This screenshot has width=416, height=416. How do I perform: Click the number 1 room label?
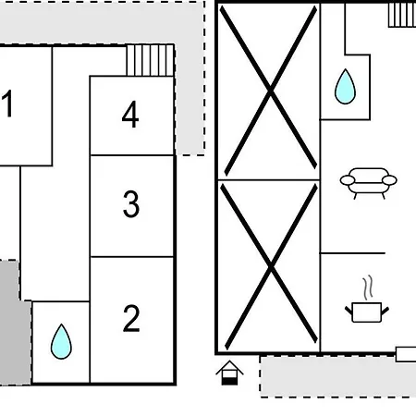(7, 104)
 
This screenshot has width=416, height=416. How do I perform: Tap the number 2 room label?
(131, 318)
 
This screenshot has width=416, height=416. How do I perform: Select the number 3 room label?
(131, 203)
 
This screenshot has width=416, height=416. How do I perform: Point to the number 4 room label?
(130, 114)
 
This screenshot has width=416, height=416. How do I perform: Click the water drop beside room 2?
(61, 341)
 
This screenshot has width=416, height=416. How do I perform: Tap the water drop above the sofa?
(345, 86)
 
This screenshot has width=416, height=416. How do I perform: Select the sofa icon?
(369, 183)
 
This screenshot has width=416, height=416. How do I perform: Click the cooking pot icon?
(367, 312)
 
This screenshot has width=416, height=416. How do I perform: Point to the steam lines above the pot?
(368, 288)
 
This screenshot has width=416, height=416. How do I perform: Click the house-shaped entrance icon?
(229, 373)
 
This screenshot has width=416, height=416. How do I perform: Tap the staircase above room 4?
(151, 60)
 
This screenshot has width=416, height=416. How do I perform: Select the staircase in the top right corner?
(402, 15)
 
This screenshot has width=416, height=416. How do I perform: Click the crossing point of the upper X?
(270, 90)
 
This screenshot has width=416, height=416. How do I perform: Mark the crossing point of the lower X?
(271, 266)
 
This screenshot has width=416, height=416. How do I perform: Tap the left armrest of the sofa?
(348, 180)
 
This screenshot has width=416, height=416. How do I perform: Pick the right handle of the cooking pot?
(385, 311)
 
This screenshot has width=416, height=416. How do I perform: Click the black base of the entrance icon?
(229, 382)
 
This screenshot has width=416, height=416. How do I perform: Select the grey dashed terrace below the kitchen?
(338, 376)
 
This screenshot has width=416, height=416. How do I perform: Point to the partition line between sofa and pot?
(353, 253)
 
